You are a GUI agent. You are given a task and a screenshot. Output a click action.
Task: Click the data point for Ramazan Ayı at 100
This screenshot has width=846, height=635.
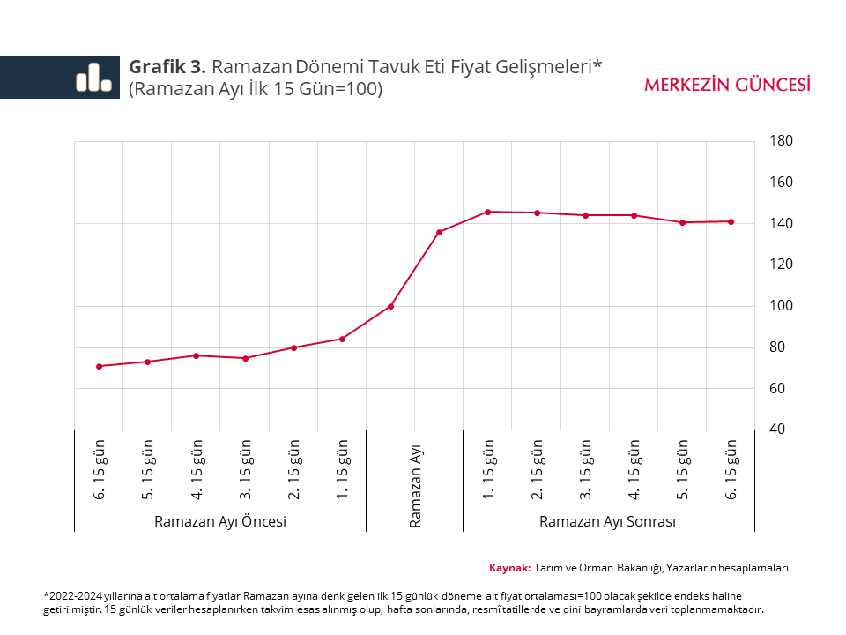pos(390,306)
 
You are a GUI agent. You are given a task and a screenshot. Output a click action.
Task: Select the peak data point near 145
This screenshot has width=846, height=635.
pos(487,212)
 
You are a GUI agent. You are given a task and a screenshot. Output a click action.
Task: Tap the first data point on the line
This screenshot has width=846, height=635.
pos(99,366)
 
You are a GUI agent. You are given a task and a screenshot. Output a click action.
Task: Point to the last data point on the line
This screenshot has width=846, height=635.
pos(731,221)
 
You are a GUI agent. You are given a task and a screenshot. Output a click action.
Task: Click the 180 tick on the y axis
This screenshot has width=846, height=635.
pos(782,141)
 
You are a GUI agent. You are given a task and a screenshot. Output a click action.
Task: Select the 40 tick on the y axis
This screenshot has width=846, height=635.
pos(782,430)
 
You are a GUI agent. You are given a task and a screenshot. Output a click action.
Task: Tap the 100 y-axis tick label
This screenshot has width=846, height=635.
pos(782,306)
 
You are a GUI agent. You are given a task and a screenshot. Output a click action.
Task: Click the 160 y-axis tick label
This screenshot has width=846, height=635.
pos(782,183)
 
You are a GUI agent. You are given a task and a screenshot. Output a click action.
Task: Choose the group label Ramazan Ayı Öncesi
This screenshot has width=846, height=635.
pos(220,521)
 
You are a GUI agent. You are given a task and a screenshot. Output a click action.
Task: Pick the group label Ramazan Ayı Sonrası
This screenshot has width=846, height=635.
pos(607,521)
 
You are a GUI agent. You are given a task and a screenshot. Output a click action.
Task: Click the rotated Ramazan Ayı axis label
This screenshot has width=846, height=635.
pos(415,486)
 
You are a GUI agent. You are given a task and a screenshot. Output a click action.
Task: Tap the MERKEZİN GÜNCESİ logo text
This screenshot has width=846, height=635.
pos(728,85)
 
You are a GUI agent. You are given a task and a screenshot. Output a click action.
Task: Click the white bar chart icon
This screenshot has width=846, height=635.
pos(93,78)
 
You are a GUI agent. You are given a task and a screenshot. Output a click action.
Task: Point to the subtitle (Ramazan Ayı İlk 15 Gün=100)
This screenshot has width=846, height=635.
pos(256,89)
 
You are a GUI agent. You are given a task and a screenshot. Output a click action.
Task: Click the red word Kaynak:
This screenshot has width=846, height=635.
pos(509,568)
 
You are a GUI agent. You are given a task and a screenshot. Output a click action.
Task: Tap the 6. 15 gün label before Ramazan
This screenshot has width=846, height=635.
pos(100,476)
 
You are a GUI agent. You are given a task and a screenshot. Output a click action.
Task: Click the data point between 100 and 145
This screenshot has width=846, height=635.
pos(439,232)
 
